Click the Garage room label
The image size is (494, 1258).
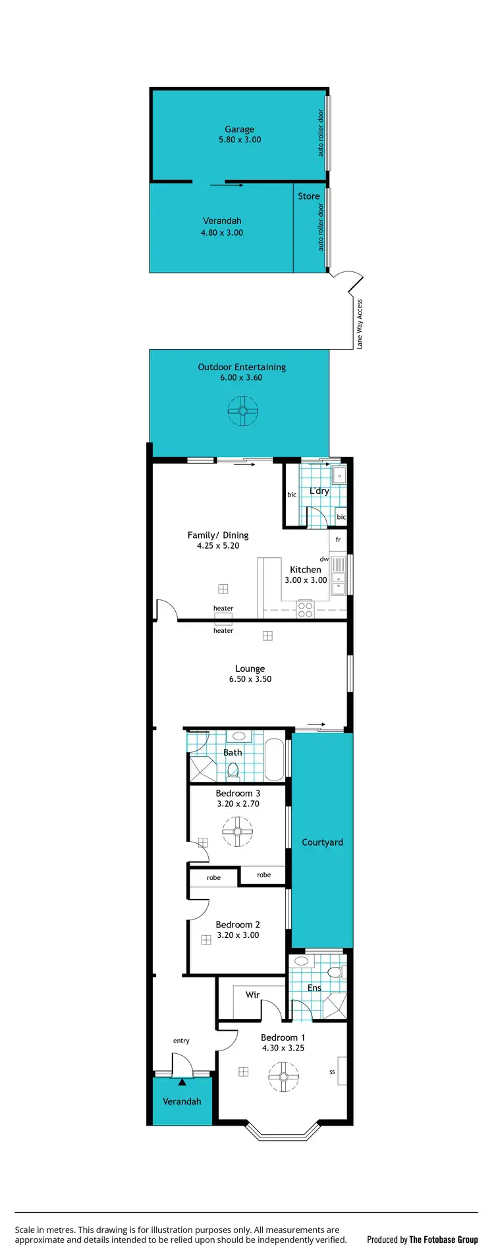[x=239, y=130]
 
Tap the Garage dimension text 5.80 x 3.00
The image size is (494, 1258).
[x=240, y=140]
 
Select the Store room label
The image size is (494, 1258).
[x=308, y=196]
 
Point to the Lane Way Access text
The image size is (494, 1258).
[x=360, y=324]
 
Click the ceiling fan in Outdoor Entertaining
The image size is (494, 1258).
[x=242, y=412]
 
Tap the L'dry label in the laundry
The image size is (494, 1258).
[x=319, y=491]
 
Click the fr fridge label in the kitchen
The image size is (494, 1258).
[x=339, y=539]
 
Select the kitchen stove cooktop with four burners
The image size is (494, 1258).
[x=305, y=609]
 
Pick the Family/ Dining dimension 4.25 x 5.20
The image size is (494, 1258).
[x=218, y=545]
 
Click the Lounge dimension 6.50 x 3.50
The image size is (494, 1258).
[x=250, y=679]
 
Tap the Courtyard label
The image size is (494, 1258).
[x=322, y=842]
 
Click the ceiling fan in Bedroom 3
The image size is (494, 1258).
[x=237, y=832]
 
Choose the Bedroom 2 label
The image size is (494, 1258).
[x=238, y=925]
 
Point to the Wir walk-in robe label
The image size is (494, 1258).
[x=252, y=995]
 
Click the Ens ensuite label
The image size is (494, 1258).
[x=315, y=988]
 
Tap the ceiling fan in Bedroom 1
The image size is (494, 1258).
[x=283, y=1077]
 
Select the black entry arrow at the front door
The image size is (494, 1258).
[x=182, y=1081]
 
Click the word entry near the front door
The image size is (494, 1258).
[x=181, y=1041]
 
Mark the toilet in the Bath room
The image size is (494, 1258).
[x=233, y=770]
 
